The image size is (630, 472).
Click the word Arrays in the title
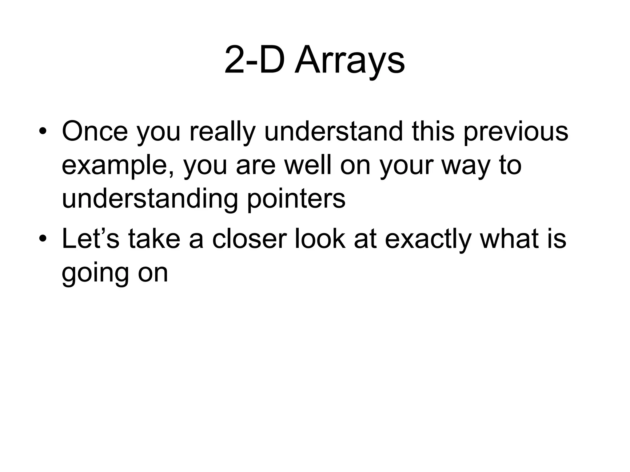350,61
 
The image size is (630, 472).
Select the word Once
95,131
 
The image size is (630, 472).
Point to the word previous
516,131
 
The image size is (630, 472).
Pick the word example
118,166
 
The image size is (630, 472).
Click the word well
308,166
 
